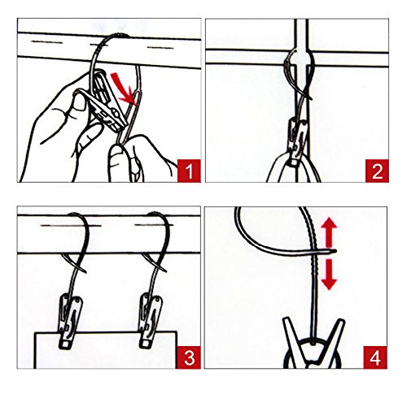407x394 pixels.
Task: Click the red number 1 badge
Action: pyautogui.click(x=189, y=171)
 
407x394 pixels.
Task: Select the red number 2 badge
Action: pyautogui.click(x=377, y=171)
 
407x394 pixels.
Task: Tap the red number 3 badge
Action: pyautogui.click(x=189, y=357)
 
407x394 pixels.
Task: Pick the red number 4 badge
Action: pyautogui.click(x=375, y=357)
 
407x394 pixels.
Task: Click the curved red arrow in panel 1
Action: pyautogui.click(x=123, y=87)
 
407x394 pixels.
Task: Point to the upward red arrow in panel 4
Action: pyautogui.click(x=329, y=232)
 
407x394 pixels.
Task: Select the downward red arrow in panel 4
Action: pyautogui.click(x=329, y=275)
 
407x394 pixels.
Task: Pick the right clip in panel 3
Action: pyautogui.click(x=151, y=321)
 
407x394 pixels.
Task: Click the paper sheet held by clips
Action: pyautogui.click(x=106, y=350)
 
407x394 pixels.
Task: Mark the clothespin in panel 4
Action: pyautogui.click(x=313, y=344)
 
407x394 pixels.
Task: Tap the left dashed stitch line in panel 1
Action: pyautogui.click(x=46, y=42)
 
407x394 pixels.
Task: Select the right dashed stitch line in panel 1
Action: pyautogui.click(x=160, y=48)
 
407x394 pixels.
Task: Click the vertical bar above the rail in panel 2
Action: pyautogui.click(x=301, y=34)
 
